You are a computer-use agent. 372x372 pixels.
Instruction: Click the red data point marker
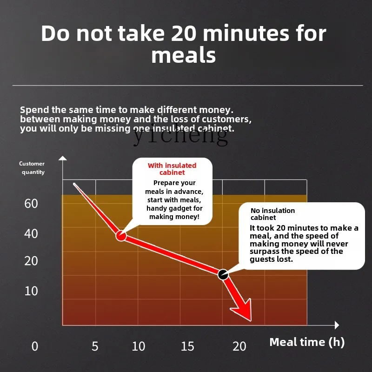[x=121, y=236]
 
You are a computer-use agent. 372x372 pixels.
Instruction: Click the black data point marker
[x=223, y=274]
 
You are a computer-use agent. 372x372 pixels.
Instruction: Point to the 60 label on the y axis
[x=31, y=204]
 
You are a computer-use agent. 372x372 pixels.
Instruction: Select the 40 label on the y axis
[x=31, y=234]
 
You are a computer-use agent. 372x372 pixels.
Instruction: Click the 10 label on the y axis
[x=31, y=291]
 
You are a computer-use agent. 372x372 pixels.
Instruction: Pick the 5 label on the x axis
[x=95, y=346]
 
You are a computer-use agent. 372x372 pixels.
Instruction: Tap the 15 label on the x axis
[x=187, y=346]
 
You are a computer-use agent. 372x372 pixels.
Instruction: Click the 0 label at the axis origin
[x=35, y=346]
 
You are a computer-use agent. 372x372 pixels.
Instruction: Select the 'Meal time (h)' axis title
[x=307, y=342]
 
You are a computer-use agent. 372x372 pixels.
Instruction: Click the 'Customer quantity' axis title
[x=32, y=168]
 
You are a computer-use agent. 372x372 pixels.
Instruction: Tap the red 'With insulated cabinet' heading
[x=172, y=169]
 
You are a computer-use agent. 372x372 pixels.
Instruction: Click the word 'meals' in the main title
[x=184, y=56]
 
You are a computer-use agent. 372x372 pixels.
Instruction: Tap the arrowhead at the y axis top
[x=63, y=158]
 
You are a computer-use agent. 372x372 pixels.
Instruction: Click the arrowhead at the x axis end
[x=337, y=325]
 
